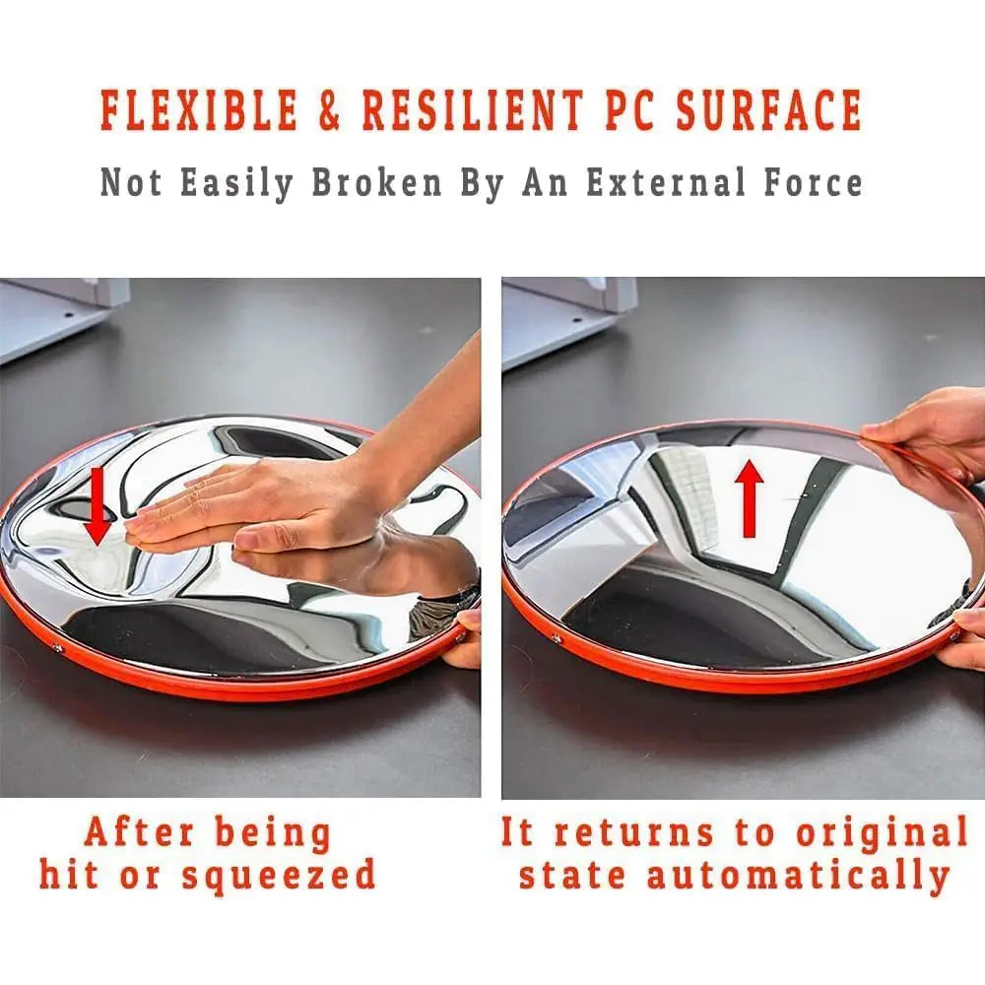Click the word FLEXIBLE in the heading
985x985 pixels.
(x=199, y=110)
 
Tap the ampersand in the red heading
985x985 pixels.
(x=329, y=110)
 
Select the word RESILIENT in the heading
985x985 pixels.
(x=473, y=110)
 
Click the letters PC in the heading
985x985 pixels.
(x=630, y=110)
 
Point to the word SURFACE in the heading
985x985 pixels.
(x=769, y=110)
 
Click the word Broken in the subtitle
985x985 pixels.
(x=376, y=182)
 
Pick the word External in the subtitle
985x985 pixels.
(x=666, y=182)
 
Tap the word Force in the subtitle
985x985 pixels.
(x=813, y=182)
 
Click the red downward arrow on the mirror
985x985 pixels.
(x=97, y=505)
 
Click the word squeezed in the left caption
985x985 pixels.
(x=279, y=877)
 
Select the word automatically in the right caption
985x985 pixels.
(x=798, y=877)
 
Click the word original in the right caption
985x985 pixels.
(x=882, y=833)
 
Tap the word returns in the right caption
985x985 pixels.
(x=634, y=833)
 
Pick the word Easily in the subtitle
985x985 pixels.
(x=236, y=183)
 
